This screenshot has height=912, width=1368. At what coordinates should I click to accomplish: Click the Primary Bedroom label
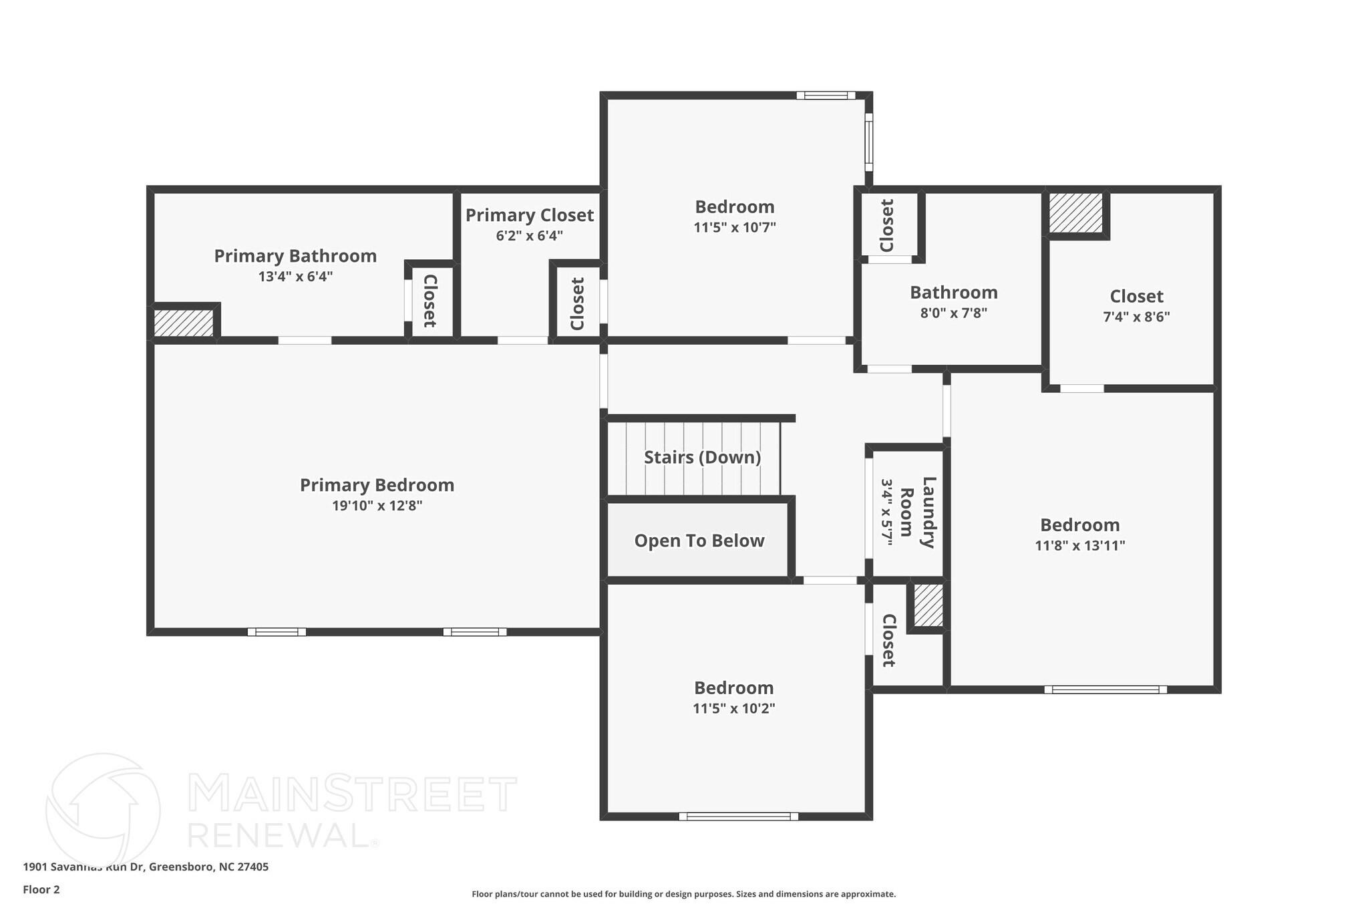pos(377,485)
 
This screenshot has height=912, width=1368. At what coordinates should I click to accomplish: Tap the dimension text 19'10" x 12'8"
pos(377,506)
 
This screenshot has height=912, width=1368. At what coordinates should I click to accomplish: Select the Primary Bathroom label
pos(295,256)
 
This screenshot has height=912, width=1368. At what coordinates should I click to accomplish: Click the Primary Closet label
pos(530,215)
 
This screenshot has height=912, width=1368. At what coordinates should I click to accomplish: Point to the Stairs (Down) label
pos(703,458)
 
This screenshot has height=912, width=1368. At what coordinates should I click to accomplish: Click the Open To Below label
pos(699,541)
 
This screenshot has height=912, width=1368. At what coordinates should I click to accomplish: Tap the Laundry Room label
pos(917,512)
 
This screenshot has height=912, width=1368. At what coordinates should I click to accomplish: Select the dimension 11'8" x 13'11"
pos(1080,545)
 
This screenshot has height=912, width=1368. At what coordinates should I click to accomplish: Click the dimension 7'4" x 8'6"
pos(1136,317)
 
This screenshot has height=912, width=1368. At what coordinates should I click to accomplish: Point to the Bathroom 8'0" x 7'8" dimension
pos(954,313)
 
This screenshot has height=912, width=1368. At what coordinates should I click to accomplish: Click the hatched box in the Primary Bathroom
pos(184,322)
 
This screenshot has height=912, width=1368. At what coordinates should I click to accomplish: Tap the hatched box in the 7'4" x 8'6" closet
pos(1075,213)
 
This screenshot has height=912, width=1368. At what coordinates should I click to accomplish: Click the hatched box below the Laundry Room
pos(928,605)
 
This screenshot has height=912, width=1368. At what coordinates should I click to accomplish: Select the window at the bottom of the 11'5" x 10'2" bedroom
pos(739,816)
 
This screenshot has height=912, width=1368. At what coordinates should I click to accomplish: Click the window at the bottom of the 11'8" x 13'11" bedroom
pos(1105,690)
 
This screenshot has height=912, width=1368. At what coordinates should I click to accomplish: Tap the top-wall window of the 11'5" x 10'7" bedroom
pos(826,96)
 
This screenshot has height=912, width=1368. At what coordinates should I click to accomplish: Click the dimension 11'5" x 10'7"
pos(735,227)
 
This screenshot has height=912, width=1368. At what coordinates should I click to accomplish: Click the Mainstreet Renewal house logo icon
pos(103,810)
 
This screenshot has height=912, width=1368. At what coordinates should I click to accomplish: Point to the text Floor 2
pos(41,889)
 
